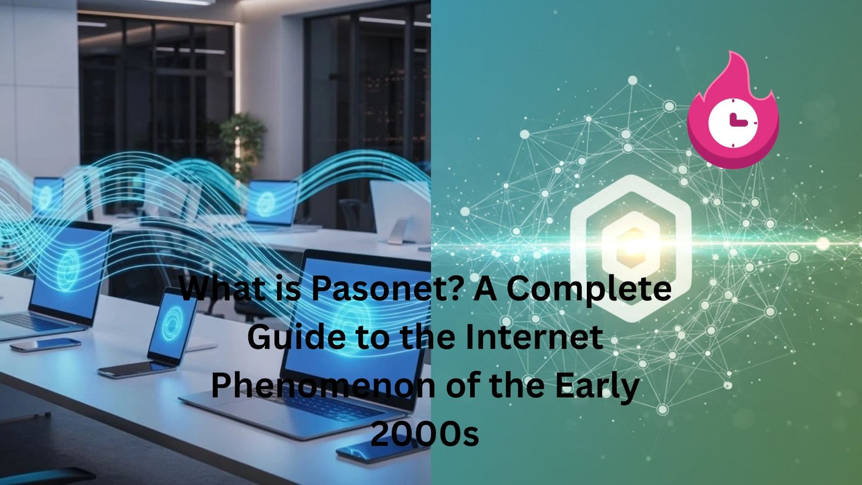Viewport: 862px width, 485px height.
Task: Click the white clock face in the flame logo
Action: tap(733, 122)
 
